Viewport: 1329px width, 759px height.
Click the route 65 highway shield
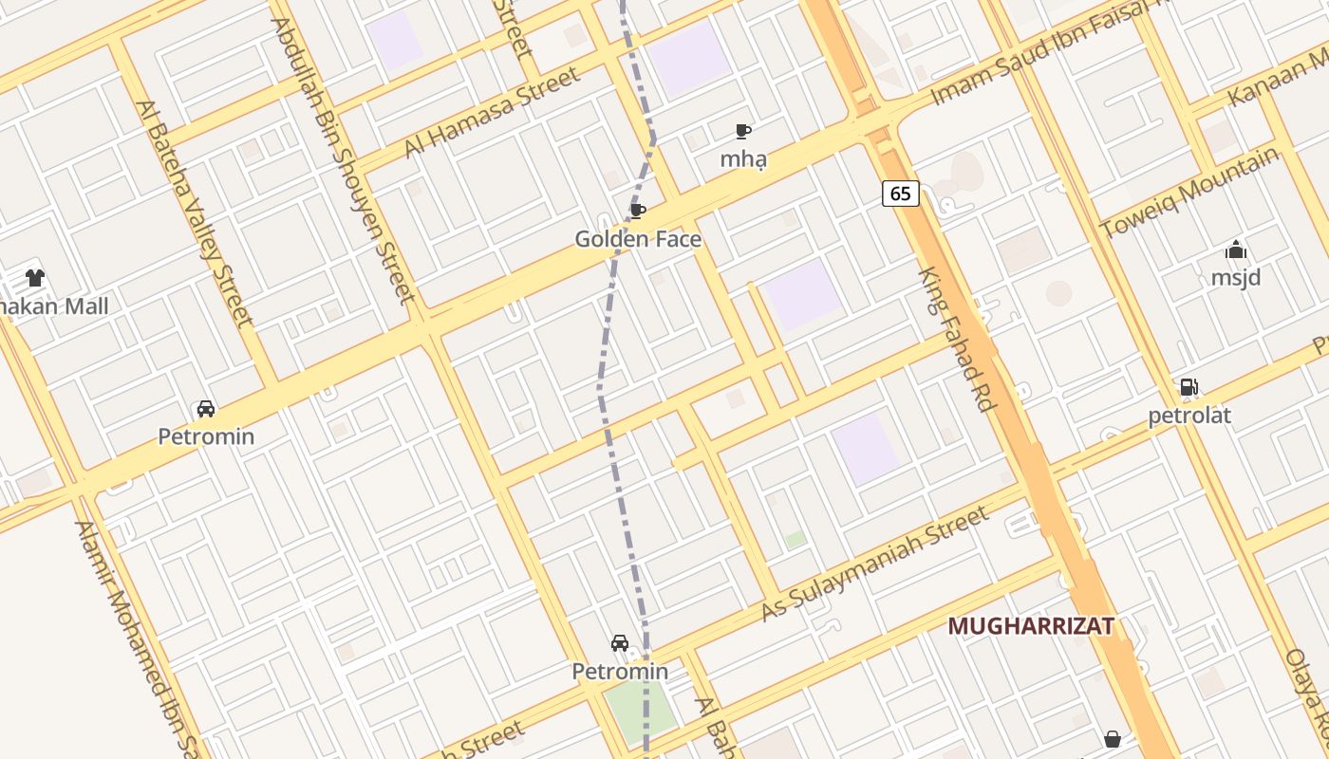tap(900, 194)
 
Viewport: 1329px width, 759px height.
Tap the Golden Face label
tap(638, 239)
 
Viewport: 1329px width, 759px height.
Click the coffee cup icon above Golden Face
tap(638, 211)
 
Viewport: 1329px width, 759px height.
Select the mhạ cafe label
tap(742, 159)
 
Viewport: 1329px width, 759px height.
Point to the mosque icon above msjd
tap(1235, 250)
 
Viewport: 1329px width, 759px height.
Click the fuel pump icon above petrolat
tap(1189, 387)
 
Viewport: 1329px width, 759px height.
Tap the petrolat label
tap(1189, 416)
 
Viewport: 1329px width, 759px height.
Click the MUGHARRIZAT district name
tap(1030, 626)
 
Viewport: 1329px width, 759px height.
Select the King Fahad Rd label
tap(956, 339)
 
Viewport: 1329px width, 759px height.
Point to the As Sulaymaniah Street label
tap(875, 565)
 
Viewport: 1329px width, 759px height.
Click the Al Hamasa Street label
tap(492, 112)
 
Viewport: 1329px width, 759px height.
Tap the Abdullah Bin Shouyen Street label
tap(344, 161)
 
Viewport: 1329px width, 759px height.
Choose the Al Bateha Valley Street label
tap(195, 213)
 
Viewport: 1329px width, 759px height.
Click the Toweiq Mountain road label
tap(1189, 194)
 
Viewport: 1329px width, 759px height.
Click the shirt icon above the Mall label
tap(35, 278)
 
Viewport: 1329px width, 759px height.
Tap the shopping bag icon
tap(1112, 738)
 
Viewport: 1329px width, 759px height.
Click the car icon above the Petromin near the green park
tap(620, 643)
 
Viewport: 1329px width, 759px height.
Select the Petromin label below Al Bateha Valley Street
tap(206, 436)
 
